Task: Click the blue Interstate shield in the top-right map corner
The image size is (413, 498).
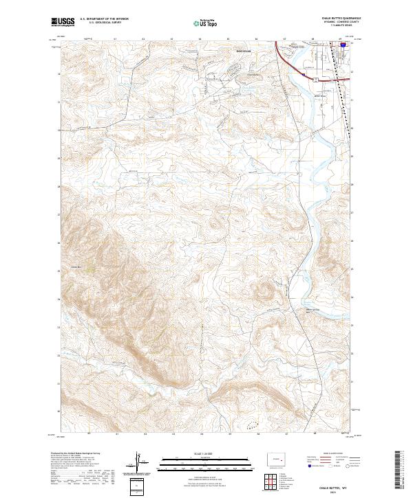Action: tap(342, 44)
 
